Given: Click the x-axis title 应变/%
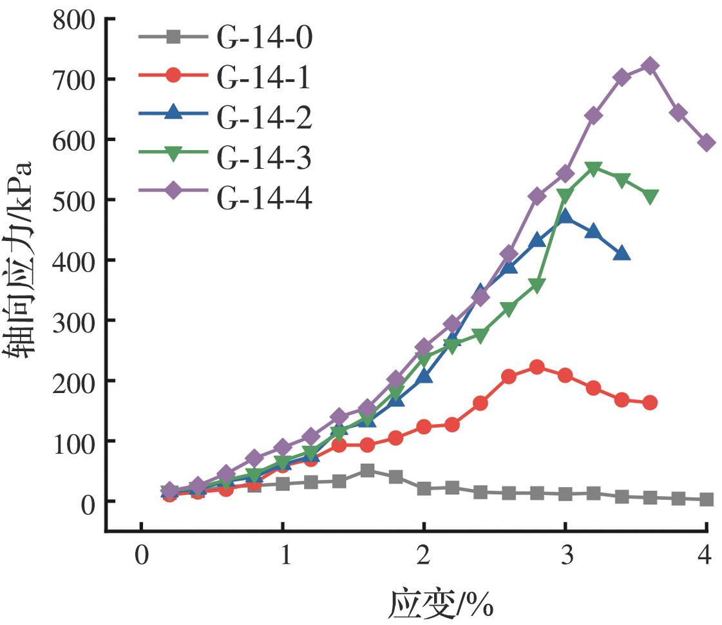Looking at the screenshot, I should click(441, 604).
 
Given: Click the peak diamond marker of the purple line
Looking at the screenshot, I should click(650, 66).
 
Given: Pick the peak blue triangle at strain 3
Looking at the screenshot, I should click(565, 216).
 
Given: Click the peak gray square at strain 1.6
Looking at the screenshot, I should click(367, 470).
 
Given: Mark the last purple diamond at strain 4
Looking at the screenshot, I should click(707, 143).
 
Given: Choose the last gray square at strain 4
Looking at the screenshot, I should click(707, 499).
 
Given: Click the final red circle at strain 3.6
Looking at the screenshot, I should click(650, 403).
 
